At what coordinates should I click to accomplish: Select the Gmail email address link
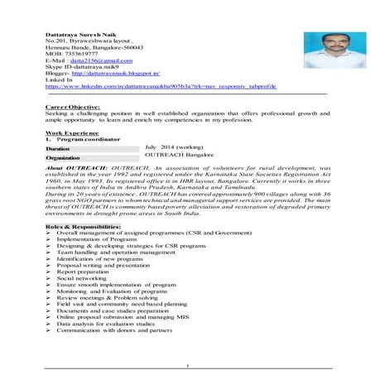(x=101, y=61)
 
